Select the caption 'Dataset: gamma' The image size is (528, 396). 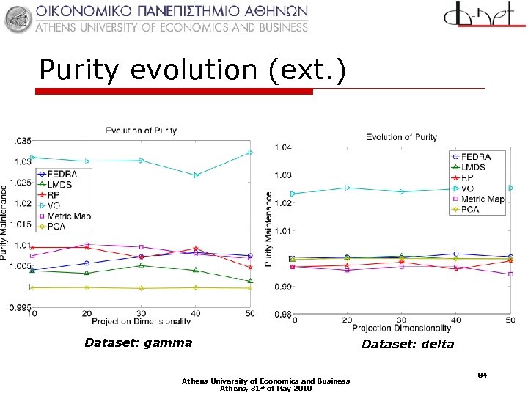coord(138,342)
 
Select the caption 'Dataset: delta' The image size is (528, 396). coord(407,344)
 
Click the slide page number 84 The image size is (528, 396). coord(483,375)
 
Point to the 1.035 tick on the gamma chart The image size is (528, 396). coord(21,139)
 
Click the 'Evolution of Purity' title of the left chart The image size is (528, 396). coord(141,131)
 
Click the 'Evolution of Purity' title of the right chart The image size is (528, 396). coord(401,137)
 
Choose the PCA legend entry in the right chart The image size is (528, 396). coord(470,209)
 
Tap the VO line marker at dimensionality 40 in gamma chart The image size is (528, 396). coord(196,175)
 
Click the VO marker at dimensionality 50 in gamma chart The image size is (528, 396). coord(250,153)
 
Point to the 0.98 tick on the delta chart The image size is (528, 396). coord(282,314)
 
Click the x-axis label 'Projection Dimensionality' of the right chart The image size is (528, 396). coord(401,328)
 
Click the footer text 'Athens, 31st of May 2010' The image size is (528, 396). coord(266,389)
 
